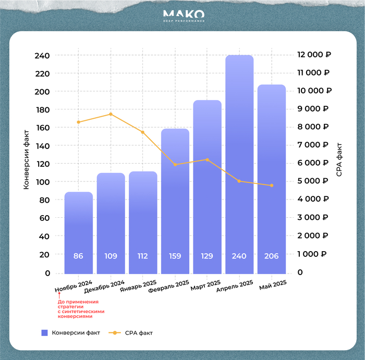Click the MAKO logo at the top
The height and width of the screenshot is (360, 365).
pyautogui.click(x=183, y=15)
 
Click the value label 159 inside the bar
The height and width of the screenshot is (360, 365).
pyautogui.click(x=175, y=256)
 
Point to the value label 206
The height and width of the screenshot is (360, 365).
pyautogui.click(x=272, y=256)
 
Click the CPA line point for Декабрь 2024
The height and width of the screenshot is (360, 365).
pyautogui.click(x=111, y=114)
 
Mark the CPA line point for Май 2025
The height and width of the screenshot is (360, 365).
pyautogui.click(x=272, y=185)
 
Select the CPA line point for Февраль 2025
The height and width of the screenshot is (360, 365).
pyautogui.click(x=175, y=165)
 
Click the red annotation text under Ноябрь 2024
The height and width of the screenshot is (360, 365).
pyautogui.click(x=78, y=309)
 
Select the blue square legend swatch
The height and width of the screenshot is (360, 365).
pyautogui.click(x=44, y=332)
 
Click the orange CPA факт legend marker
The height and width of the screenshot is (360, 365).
pyautogui.click(x=114, y=332)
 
